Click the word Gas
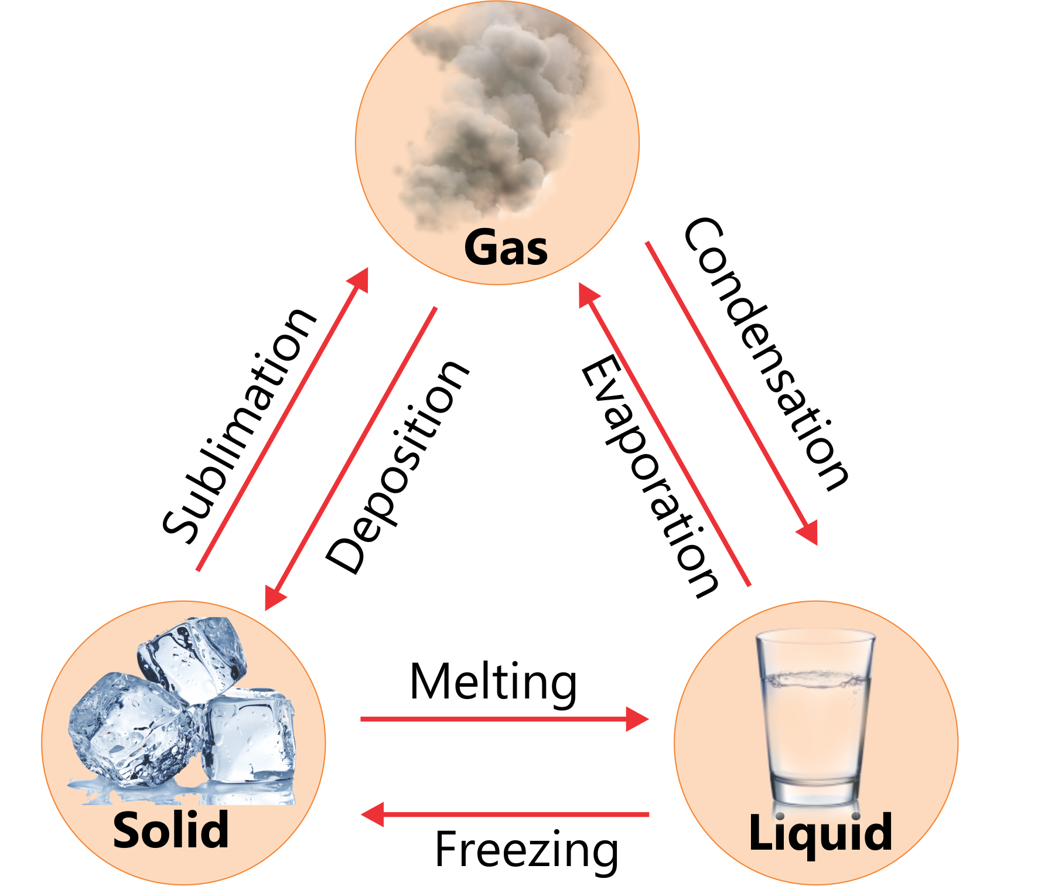click(506, 248)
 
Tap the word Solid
click(170, 830)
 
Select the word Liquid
click(820, 832)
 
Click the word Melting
click(493, 682)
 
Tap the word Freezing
click(526, 850)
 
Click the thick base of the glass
click(814, 791)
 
